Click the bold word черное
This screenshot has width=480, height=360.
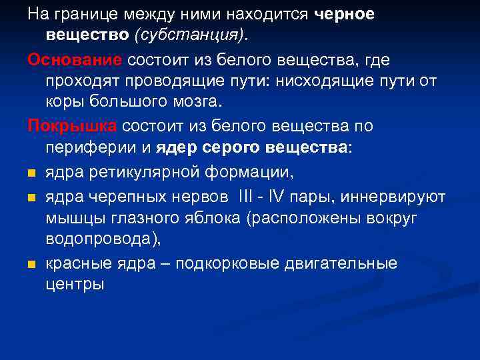point(345,14)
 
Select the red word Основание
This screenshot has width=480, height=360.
point(75,59)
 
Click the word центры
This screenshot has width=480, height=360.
point(75,285)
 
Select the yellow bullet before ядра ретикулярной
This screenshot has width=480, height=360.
point(32,175)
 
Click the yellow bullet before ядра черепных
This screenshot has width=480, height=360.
point(32,198)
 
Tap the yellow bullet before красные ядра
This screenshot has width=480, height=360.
point(32,265)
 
